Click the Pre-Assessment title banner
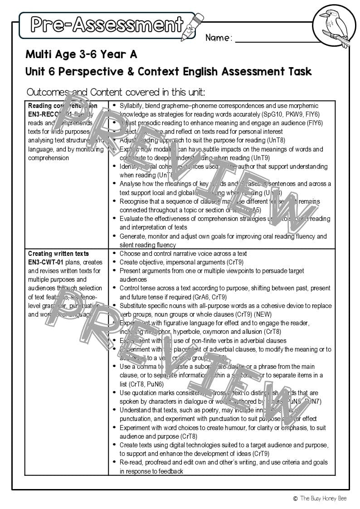click(x=107, y=25)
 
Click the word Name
click(x=219, y=38)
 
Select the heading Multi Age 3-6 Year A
click(x=81, y=54)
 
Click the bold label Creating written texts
click(x=58, y=254)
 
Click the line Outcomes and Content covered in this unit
click(x=116, y=93)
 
